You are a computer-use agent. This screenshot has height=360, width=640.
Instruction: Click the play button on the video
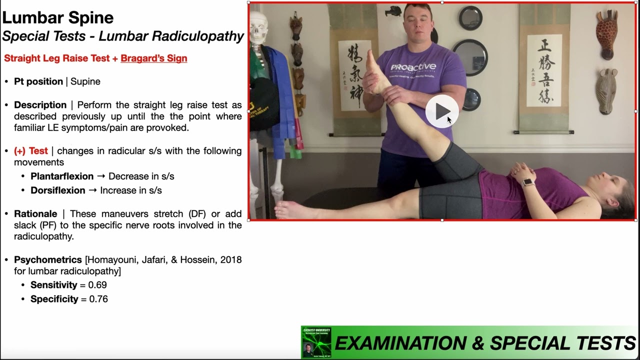pos(442,111)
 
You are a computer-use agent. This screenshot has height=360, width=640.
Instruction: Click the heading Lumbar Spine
pos(58,18)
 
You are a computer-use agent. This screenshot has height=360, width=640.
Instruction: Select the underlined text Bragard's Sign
pos(154,58)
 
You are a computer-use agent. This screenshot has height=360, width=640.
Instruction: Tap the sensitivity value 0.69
pos(97,285)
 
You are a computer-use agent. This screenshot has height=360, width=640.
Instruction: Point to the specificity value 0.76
pos(98,299)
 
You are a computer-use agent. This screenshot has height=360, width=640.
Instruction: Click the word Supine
pos(85,81)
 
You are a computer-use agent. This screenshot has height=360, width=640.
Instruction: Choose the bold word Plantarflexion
pos(62,176)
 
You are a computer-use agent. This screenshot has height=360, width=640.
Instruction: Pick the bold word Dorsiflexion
pos(58,190)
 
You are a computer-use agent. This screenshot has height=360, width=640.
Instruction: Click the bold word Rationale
pos(35,213)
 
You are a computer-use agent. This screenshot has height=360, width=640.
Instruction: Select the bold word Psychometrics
pos(48,260)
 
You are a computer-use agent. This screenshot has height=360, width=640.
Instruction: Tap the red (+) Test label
pos(31,151)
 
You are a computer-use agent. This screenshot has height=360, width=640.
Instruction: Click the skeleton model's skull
pos(258,27)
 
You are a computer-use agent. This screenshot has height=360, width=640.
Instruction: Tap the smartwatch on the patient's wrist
pos(527,182)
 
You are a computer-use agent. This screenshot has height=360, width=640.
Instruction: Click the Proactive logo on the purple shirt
pos(413,67)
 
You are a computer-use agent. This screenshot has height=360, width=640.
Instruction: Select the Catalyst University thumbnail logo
pos(316,342)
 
